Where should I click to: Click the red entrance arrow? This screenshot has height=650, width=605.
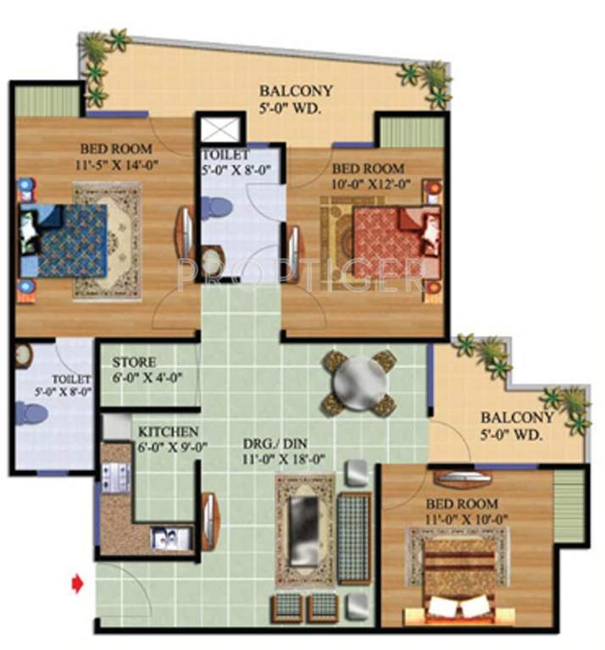pos(78,583)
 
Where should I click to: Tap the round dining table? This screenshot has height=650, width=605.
pos(360,383)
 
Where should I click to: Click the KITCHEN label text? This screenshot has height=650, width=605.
pos(169,432)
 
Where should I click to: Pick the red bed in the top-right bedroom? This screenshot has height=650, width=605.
pos(390,241)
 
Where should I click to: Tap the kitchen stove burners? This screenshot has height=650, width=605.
pos(114,478)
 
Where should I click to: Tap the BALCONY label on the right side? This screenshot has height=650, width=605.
pos(517,418)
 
